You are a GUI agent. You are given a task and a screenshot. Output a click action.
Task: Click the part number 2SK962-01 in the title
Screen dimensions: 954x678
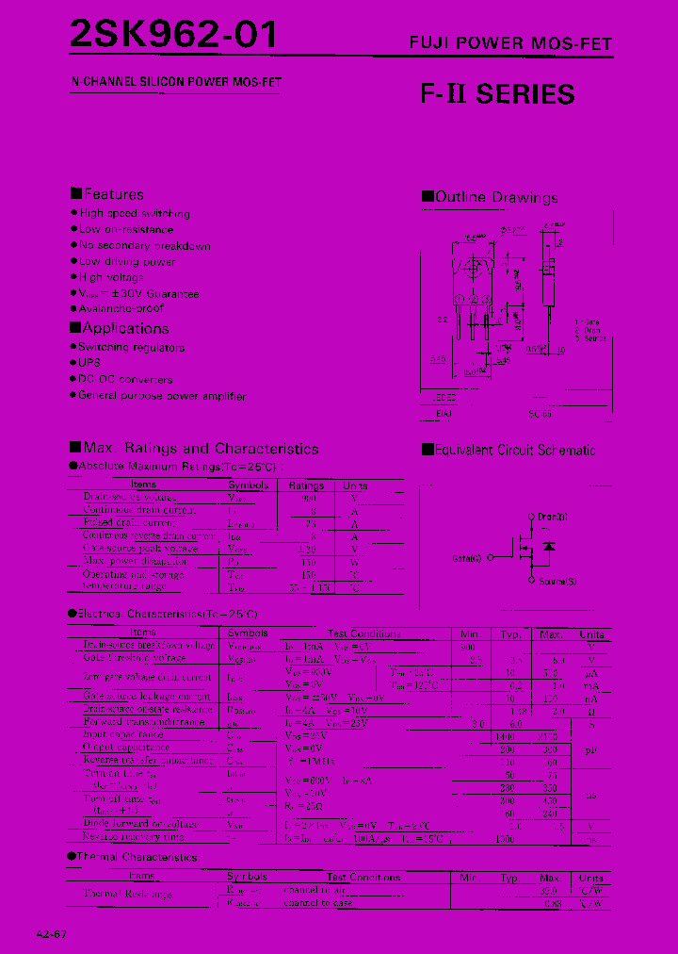tap(174, 35)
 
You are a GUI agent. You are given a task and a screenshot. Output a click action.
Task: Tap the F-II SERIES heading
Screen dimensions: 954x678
tap(496, 94)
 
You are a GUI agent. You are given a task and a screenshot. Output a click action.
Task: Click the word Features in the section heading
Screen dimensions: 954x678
tap(114, 194)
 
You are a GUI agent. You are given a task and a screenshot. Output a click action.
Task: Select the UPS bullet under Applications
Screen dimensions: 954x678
tap(89, 363)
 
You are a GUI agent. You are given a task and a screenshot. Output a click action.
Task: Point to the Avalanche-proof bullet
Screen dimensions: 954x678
tap(121, 308)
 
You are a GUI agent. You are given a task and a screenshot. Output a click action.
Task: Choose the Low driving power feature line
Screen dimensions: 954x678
tap(127, 261)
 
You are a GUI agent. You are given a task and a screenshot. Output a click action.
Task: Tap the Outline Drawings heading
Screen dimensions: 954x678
tap(496, 198)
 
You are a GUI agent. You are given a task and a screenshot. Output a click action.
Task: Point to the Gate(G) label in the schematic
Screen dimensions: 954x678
tap(466, 558)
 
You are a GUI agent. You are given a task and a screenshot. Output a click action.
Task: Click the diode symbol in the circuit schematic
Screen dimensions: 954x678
tap(550, 547)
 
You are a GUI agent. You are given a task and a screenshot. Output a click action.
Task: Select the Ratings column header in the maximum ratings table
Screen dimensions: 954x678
tap(307, 485)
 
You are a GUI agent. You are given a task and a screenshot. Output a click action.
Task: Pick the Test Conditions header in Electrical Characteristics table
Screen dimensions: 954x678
tap(364, 633)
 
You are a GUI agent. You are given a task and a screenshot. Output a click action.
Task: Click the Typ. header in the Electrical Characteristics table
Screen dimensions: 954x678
tap(510, 633)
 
